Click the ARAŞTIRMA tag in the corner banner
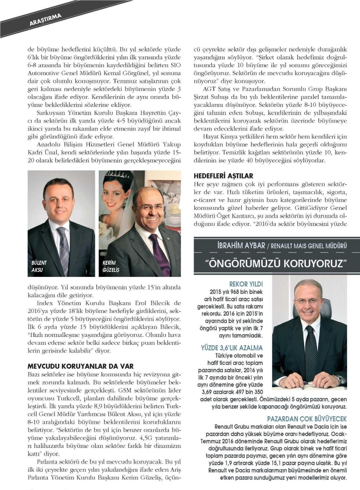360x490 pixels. (46, 19)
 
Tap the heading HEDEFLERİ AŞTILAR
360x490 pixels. (223, 176)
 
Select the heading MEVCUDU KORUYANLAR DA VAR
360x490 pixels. (80, 366)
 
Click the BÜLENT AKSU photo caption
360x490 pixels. (39, 266)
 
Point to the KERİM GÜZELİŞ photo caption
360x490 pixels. (111, 266)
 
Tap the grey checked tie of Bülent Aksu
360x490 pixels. (64, 246)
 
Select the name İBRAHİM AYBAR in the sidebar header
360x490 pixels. (241, 246)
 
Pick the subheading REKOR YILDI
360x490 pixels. (246, 284)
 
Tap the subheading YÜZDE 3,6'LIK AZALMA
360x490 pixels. (232, 348)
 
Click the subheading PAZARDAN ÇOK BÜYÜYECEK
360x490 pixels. (307, 419)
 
